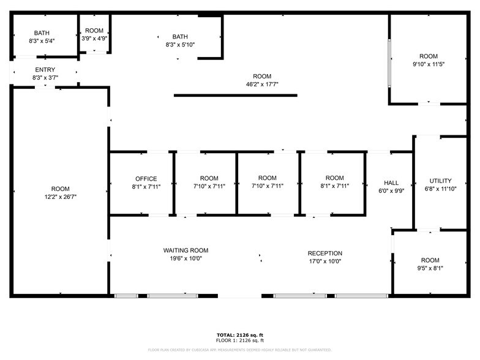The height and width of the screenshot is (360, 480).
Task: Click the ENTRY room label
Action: pyautogui.click(x=45, y=70)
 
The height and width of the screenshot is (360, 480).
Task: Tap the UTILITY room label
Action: pyautogui.click(x=440, y=181)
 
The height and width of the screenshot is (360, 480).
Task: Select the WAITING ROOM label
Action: pyautogui.click(x=186, y=250)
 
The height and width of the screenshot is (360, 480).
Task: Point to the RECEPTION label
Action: pyautogui.click(x=324, y=253)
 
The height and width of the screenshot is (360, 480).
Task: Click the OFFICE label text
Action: pyautogui.click(x=146, y=179)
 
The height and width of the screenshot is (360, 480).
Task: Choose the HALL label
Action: pyautogui.click(x=391, y=183)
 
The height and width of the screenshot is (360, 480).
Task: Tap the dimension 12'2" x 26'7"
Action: pyautogui.click(x=60, y=197)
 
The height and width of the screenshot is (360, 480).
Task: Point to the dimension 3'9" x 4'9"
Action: pyautogui.click(x=94, y=39)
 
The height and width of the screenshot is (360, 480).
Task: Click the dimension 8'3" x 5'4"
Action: pyautogui.click(x=42, y=41)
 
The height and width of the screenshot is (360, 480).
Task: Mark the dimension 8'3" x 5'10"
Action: pyautogui.click(x=180, y=45)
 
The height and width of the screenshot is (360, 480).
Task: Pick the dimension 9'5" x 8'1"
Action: pyautogui.click(x=430, y=268)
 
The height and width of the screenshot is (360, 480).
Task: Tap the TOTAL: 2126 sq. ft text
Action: pyautogui.click(x=239, y=335)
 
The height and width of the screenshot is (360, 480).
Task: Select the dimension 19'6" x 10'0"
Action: pyautogui.click(x=186, y=258)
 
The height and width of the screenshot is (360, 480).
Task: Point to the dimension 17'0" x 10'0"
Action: pyautogui.click(x=324, y=261)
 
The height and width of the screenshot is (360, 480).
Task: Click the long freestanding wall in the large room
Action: pyautogui.click(x=236, y=96)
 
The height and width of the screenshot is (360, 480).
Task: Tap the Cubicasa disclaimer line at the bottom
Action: pyautogui.click(x=239, y=350)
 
